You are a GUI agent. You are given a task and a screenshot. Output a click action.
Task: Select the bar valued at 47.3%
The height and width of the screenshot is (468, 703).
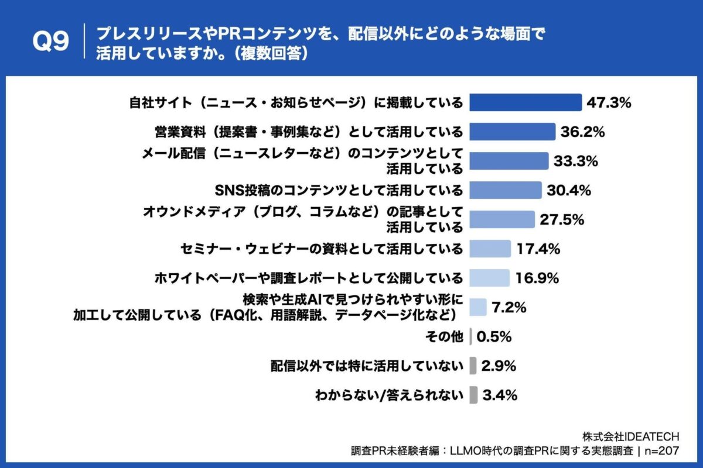pyautogui.click(x=526, y=102)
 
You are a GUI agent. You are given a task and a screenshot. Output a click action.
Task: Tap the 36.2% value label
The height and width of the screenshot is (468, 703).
pyautogui.click(x=582, y=132)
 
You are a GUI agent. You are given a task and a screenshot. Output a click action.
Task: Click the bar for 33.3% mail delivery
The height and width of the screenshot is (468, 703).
pyautogui.click(x=509, y=161)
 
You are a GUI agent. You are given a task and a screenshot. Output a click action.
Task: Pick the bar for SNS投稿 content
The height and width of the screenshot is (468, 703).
pyautogui.click(x=506, y=190)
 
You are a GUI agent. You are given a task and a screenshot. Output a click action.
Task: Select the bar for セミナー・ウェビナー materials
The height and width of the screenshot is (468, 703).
pyautogui.click(x=490, y=249)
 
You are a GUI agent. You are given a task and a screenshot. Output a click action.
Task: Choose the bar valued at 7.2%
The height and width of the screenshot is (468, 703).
pyautogui.click(x=478, y=307)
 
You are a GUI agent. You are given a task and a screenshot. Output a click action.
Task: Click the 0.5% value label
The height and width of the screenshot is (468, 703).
pyautogui.click(x=495, y=337)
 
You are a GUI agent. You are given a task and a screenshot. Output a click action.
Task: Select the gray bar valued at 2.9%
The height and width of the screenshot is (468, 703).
pyautogui.click(x=473, y=366)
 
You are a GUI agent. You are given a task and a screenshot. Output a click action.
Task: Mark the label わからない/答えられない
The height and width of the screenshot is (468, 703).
pyautogui.click(x=389, y=395)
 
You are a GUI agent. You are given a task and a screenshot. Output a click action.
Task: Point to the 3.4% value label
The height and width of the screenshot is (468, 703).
pyautogui.click(x=500, y=395)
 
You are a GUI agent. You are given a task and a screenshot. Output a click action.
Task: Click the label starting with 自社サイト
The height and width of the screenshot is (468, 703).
pyautogui.click(x=296, y=103)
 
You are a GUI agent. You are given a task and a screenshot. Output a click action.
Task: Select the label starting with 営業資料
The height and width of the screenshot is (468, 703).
pyautogui.click(x=305, y=132)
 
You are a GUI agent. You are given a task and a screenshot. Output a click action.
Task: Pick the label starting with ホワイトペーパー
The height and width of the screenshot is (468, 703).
pyautogui.click(x=308, y=278)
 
